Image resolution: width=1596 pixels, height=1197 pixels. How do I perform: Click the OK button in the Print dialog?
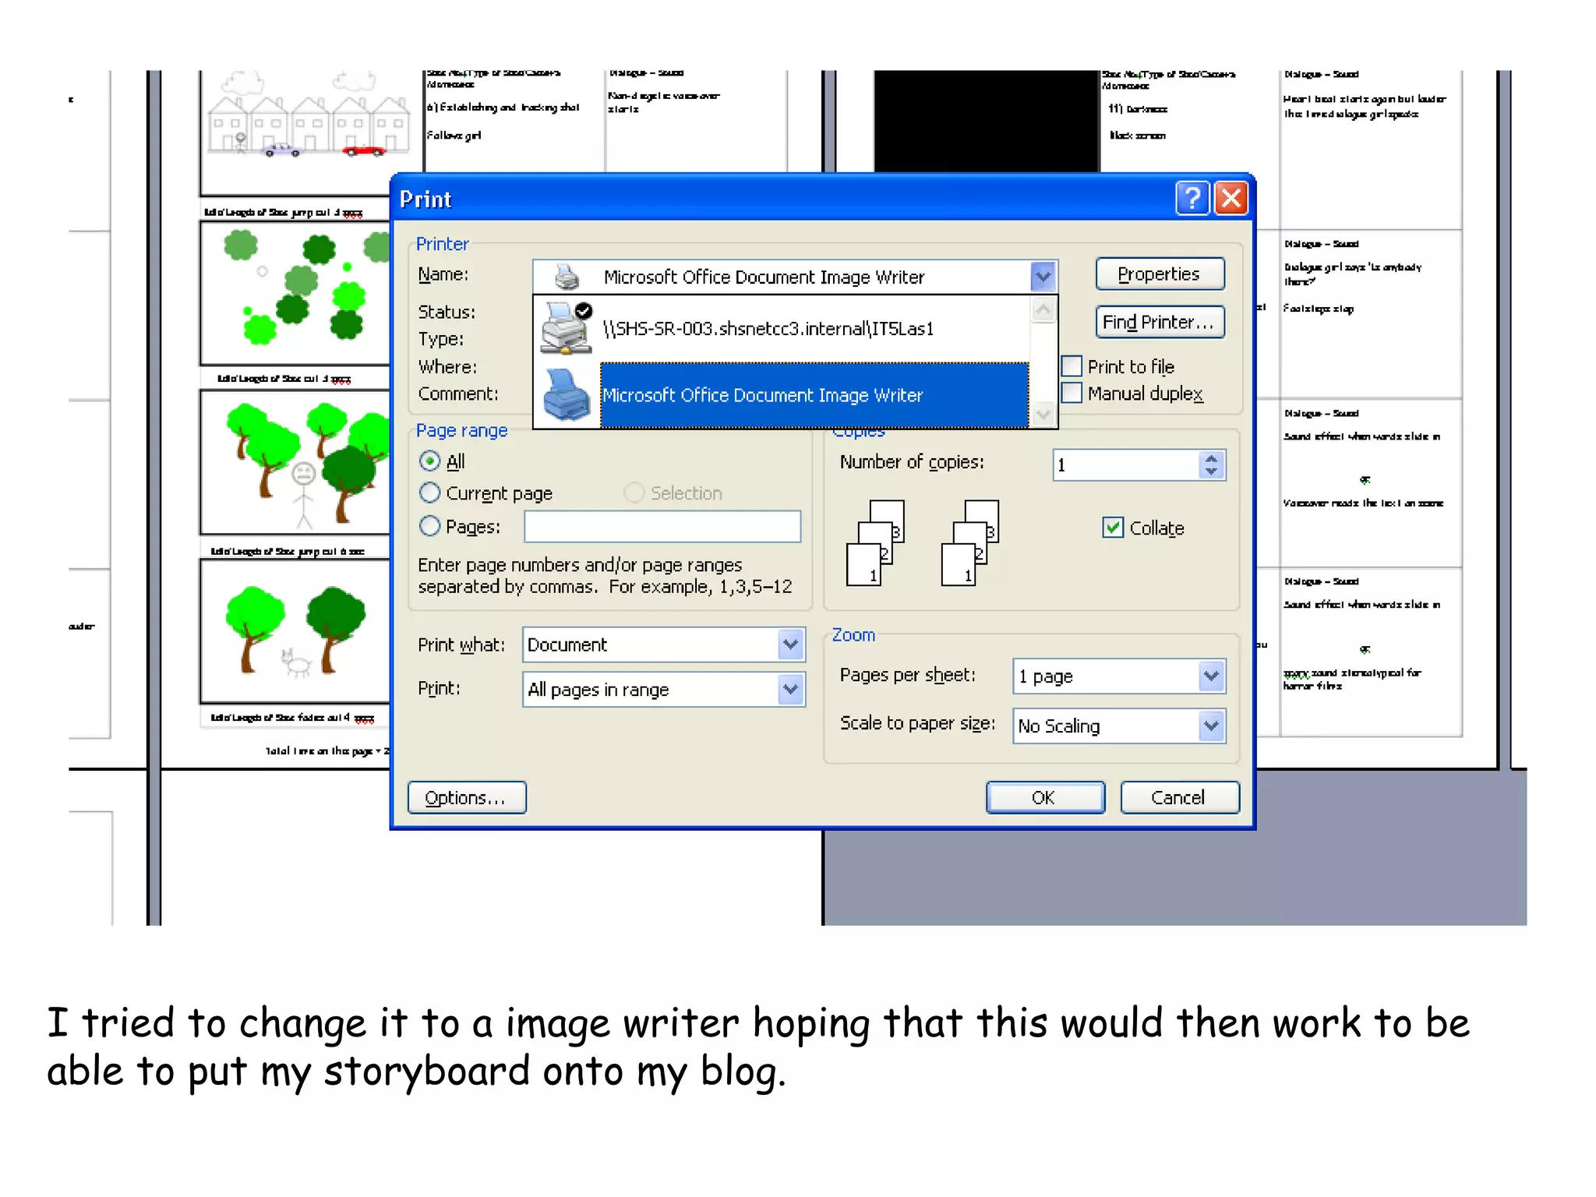tap(1044, 797)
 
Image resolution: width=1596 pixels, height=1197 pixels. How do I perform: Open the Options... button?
tap(466, 797)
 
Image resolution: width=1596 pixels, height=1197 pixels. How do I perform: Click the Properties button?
tap(1159, 274)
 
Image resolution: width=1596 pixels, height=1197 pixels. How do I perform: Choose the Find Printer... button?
tap(1159, 323)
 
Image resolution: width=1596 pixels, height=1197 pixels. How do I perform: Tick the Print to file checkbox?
tap(1072, 366)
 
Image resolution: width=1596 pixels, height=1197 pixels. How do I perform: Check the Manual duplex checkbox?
tap(1072, 393)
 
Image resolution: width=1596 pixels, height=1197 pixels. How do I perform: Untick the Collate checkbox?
tap(1113, 528)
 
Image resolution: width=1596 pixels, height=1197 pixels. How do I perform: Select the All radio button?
tap(429, 461)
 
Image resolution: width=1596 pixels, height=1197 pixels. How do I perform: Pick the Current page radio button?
tap(429, 493)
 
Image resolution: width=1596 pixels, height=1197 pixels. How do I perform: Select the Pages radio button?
tap(429, 527)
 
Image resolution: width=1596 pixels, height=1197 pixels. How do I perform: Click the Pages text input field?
tap(662, 527)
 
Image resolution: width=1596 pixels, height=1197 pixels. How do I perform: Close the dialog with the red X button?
tap(1231, 199)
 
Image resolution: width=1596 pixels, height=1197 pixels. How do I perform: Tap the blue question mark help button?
tap(1192, 199)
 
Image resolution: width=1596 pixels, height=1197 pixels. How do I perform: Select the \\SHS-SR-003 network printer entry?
tap(768, 329)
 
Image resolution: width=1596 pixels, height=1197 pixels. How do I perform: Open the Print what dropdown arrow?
tap(790, 644)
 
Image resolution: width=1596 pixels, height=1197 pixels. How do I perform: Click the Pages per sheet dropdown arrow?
tap(1210, 676)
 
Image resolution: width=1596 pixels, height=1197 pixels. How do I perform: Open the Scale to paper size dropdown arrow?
tap(1210, 726)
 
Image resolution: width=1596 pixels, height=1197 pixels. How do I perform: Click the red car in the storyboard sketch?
tap(363, 150)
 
